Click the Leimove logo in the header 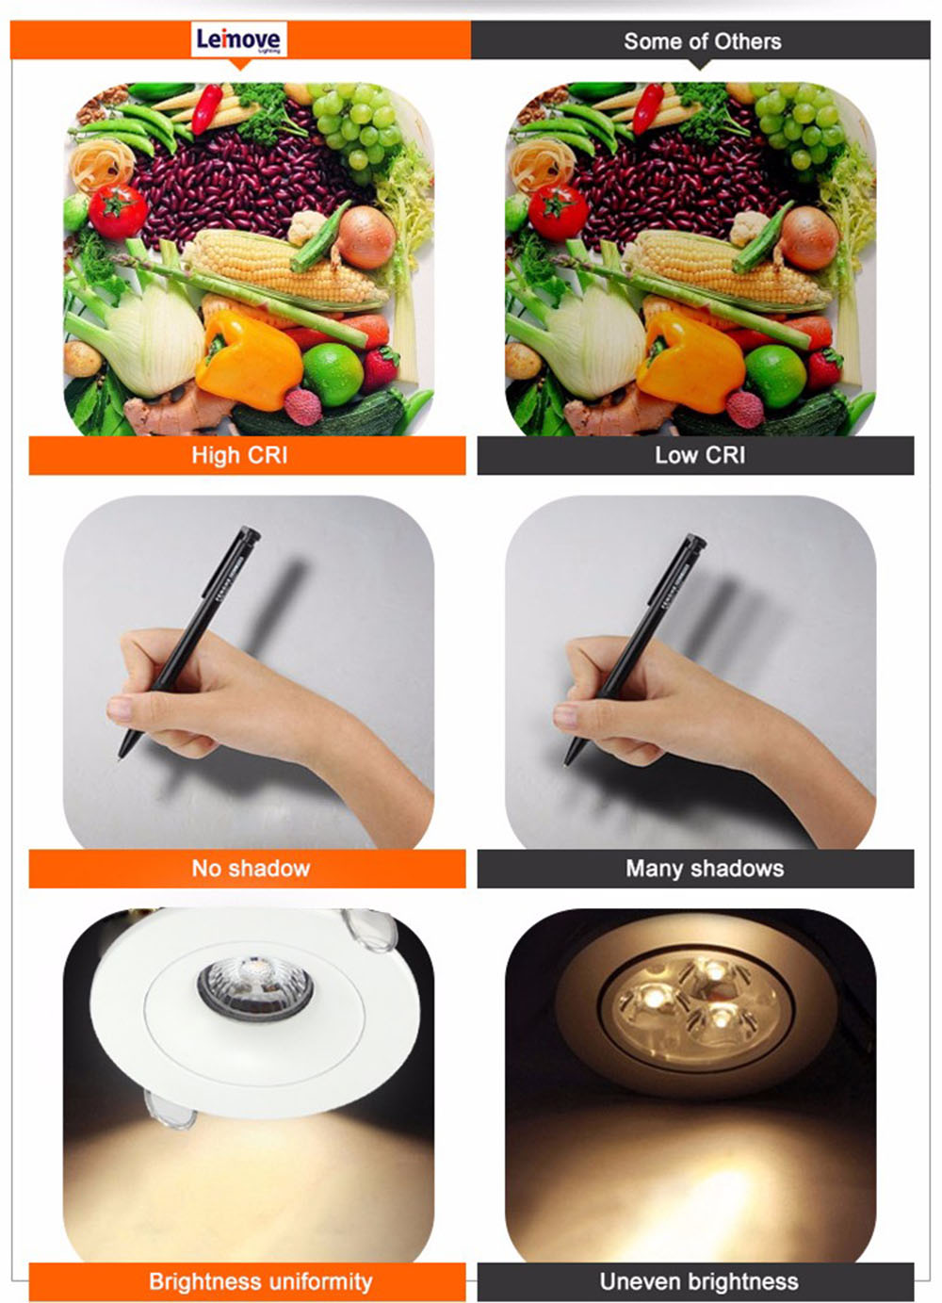238,41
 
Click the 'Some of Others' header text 702,41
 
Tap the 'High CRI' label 239,456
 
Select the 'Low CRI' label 700,456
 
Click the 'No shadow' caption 251,869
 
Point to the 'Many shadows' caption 705,869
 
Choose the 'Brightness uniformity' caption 260,1282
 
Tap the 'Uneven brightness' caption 699,1282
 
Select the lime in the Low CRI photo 774,375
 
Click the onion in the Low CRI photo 808,236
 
